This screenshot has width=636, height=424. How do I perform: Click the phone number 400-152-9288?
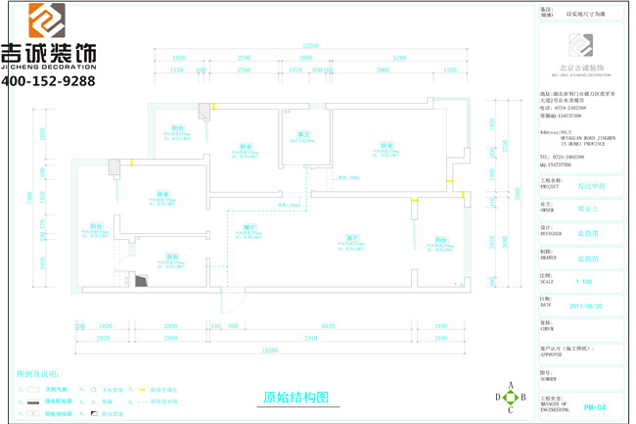coord(48,81)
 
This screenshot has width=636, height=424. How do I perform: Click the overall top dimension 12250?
coord(310,46)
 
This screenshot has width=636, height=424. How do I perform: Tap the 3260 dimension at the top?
coord(398,59)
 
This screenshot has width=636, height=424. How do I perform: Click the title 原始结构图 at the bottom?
coord(296,398)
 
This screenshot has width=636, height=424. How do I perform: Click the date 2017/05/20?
coord(583,306)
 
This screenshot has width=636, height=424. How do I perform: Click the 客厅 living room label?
coord(350,237)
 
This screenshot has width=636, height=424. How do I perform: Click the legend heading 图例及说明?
coord(38,374)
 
